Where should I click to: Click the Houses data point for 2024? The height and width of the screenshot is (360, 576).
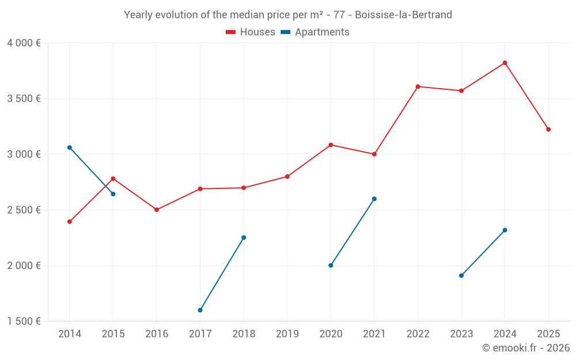click(505, 63)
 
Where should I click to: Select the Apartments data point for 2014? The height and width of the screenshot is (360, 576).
click(70, 147)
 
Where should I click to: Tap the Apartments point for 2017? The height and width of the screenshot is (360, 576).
click(200, 310)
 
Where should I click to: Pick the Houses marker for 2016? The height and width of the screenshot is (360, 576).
click(157, 210)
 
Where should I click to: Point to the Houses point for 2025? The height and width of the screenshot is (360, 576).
click(548, 130)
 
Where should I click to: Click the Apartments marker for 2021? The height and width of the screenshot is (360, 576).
click(374, 199)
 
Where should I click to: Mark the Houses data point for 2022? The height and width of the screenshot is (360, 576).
click(418, 86)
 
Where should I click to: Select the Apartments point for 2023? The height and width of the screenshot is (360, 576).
click(461, 275)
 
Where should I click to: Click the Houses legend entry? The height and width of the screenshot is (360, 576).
click(251, 32)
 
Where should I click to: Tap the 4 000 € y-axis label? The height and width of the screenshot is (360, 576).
click(24, 43)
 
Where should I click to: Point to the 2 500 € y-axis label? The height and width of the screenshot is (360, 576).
click(24, 210)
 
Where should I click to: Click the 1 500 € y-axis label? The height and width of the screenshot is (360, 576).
click(24, 321)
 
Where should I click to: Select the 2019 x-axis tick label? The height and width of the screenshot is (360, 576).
click(287, 334)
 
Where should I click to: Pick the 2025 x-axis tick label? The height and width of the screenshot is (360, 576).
click(548, 334)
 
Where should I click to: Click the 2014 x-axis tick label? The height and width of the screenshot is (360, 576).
click(70, 334)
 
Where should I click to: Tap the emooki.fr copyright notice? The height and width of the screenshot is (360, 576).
click(525, 348)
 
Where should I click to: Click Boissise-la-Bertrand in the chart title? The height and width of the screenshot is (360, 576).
click(403, 14)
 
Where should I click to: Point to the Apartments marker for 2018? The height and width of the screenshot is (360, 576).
click(244, 237)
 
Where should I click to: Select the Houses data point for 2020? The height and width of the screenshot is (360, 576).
click(331, 145)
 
